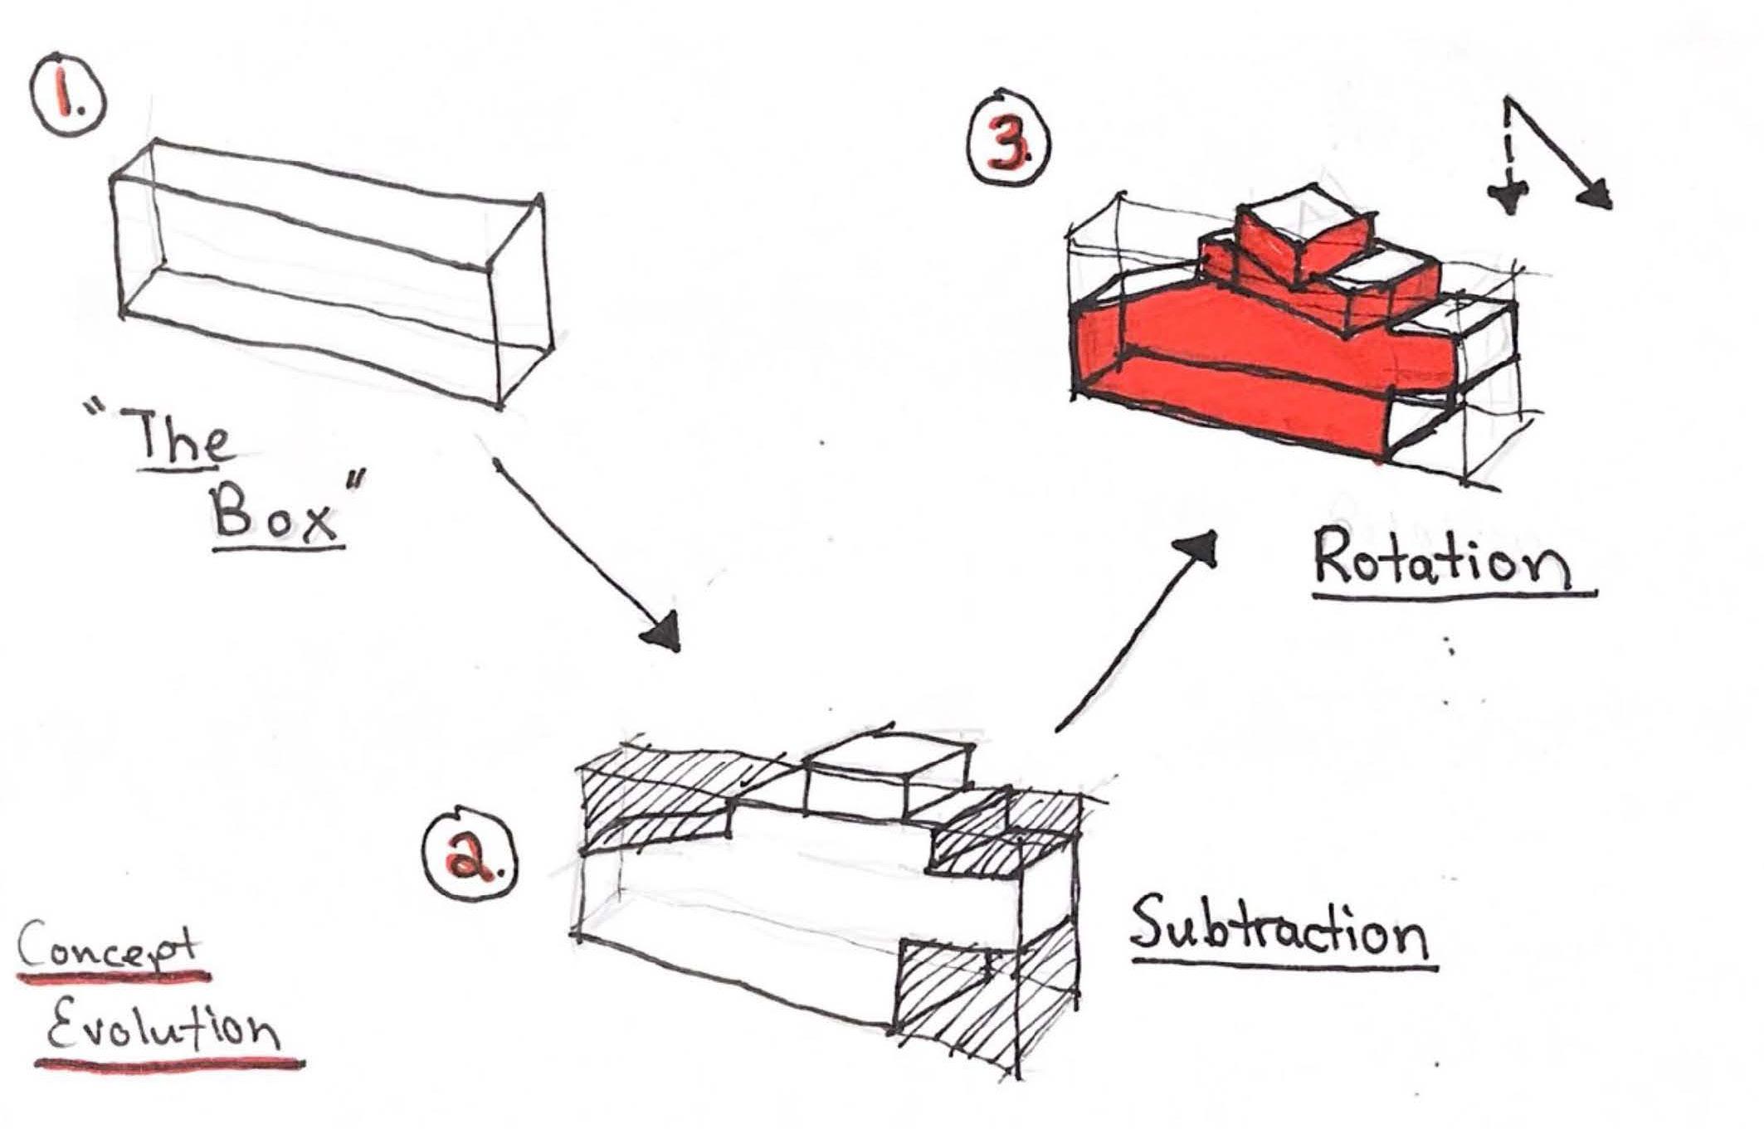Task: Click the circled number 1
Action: pos(68,104)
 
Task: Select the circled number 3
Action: pos(1008,143)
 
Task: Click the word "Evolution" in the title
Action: pos(163,1029)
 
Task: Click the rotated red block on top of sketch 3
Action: pos(1294,236)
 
